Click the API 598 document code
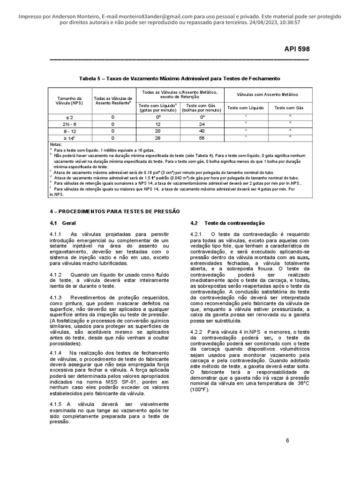pos(297,49)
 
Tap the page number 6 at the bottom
pos(287,440)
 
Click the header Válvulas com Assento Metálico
pos(267,94)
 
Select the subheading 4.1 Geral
pos(62,223)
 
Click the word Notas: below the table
pos(55,144)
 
